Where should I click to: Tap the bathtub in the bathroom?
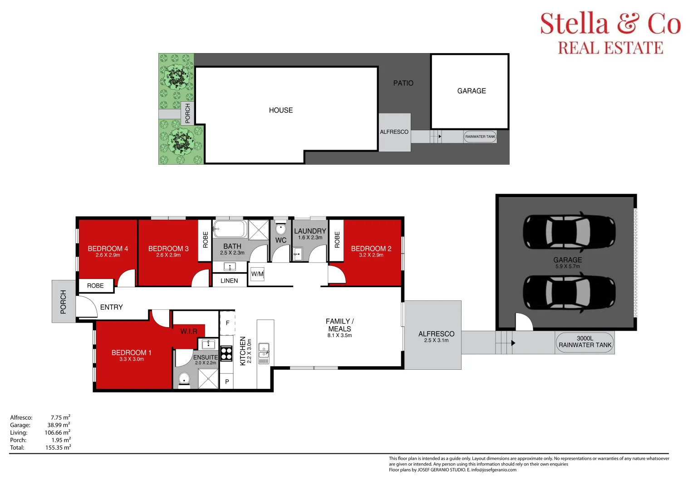click(230, 229)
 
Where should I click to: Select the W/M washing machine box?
click(257, 274)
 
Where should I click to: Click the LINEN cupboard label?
click(229, 280)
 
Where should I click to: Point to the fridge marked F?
click(227, 323)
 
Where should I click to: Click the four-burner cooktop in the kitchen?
click(226, 353)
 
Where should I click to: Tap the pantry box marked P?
click(227, 382)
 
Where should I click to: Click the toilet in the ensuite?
click(184, 380)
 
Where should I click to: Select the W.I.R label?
click(189, 332)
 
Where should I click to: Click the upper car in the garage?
click(569, 232)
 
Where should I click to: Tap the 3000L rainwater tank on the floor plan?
click(585, 343)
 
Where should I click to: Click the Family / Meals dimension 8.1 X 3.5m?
click(339, 335)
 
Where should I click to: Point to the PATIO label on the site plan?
click(403, 83)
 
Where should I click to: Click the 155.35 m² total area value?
click(58, 447)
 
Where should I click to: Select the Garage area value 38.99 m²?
click(59, 425)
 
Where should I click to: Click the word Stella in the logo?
click(574, 23)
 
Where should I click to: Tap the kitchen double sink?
click(264, 353)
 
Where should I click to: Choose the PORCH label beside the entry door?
click(63, 302)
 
